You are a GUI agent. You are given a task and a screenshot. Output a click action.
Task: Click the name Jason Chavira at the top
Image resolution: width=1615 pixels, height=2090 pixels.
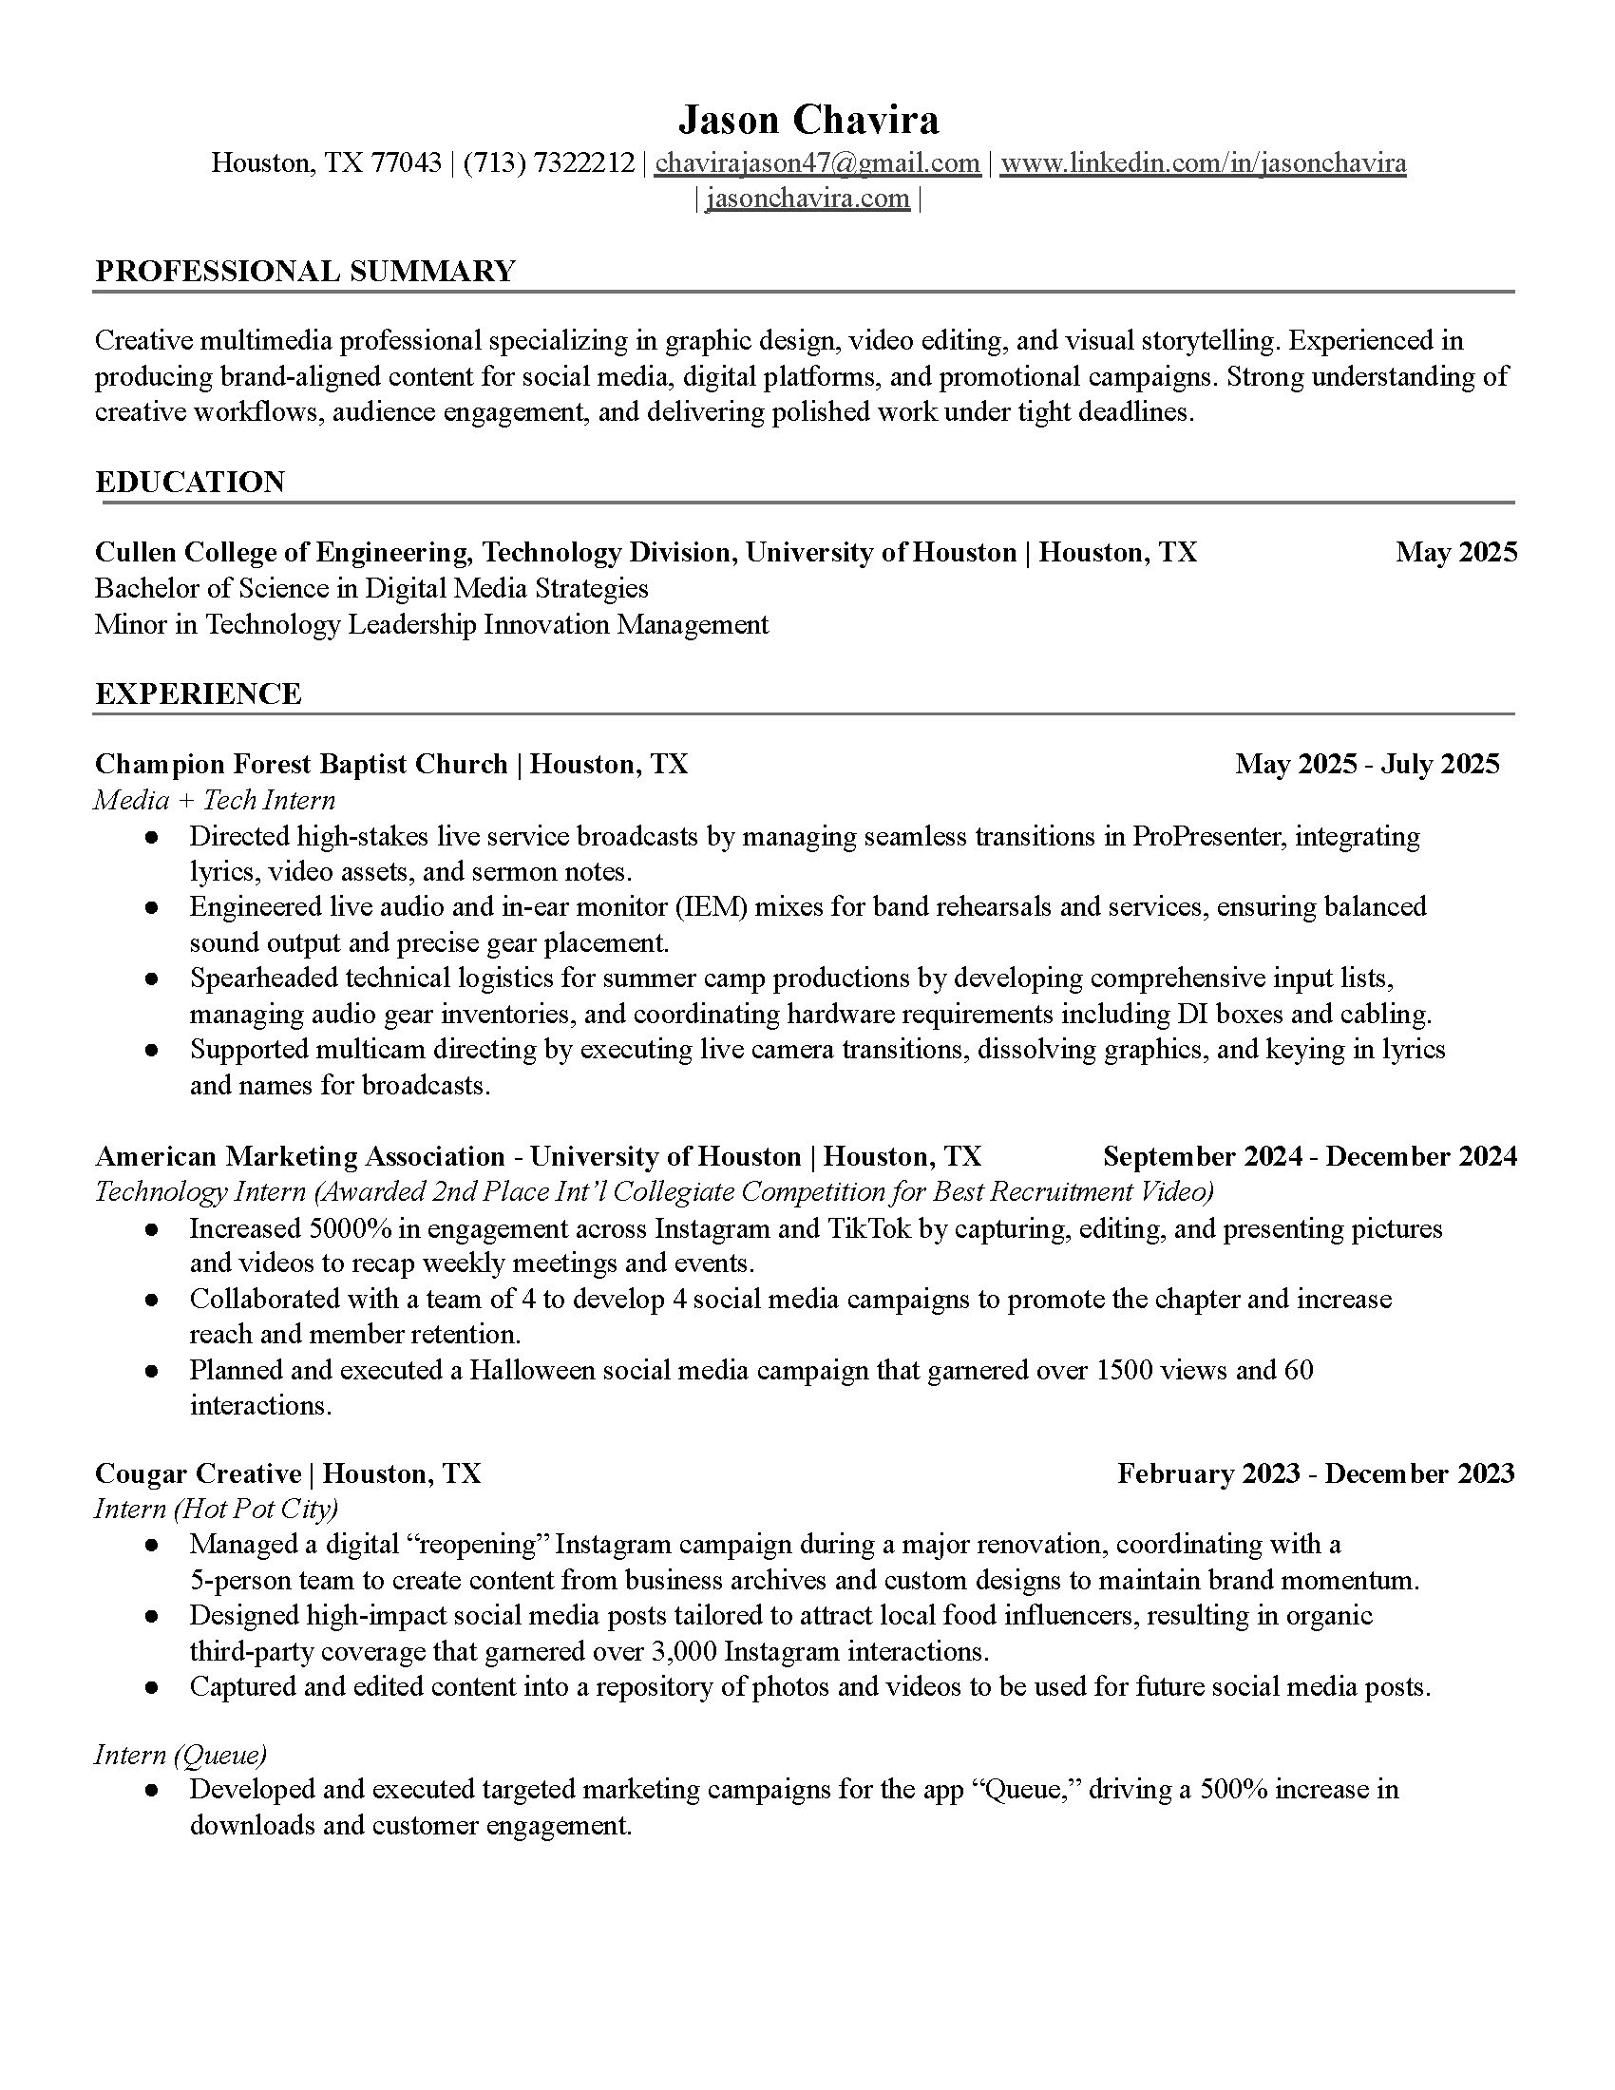click(807, 121)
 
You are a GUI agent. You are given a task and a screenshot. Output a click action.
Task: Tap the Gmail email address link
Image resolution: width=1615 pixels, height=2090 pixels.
click(817, 162)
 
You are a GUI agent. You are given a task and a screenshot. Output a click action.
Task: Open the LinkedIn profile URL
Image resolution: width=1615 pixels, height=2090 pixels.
click(1203, 162)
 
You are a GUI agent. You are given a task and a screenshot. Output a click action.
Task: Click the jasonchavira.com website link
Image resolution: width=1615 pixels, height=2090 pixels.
click(807, 199)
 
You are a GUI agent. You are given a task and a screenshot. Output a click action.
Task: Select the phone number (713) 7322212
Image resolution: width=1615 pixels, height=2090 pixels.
click(548, 162)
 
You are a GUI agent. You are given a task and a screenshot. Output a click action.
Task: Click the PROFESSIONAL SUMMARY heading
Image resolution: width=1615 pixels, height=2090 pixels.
click(305, 271)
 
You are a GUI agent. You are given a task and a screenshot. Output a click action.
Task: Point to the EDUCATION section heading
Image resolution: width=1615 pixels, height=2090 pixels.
click(189, 482)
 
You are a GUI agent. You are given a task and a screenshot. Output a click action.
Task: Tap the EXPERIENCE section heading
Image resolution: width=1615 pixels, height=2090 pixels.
click(198, 693)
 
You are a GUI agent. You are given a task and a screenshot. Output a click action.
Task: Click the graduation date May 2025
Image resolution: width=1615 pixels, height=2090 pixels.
click(1455, 552)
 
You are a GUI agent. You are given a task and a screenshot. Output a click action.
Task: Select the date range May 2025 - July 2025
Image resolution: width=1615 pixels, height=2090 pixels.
click(1366, 764)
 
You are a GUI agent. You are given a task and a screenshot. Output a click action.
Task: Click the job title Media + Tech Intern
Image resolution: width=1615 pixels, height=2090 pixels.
click(215, 800)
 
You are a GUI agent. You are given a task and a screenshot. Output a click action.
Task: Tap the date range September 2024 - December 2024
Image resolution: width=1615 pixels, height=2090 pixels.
click(1309, 1156)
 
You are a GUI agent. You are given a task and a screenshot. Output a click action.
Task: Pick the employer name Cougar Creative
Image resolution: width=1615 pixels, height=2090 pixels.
click(198, 1472)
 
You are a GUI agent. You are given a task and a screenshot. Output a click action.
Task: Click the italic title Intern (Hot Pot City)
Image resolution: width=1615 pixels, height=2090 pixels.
click(217, 1510)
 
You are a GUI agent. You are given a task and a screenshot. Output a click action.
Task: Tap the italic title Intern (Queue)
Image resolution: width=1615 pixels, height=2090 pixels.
click(180, 1754)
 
